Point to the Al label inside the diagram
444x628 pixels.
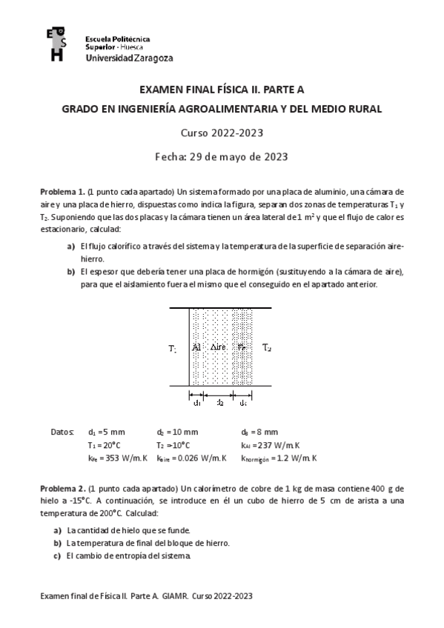pyautogui.click(x=196, y=347)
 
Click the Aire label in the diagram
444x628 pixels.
pyautogui.click(x=219, y=347)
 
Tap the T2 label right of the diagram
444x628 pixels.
pyautogui.click(x=267, y=347)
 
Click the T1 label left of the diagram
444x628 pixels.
pyautogui.click(x=172, y=347)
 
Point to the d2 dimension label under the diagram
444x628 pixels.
pyautogui.click(x=219, y=403)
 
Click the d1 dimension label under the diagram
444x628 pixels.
pyautogui.click(x=196, y=403)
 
